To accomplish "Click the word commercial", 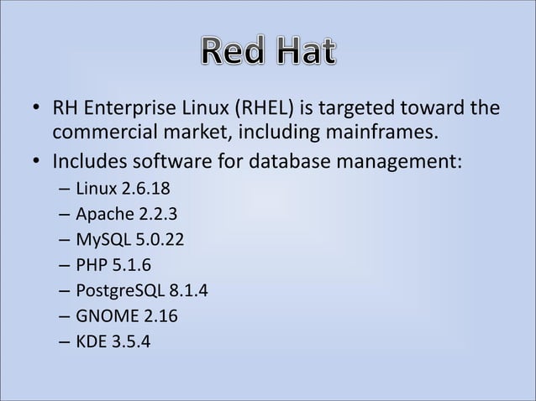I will (x=104, y=133).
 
